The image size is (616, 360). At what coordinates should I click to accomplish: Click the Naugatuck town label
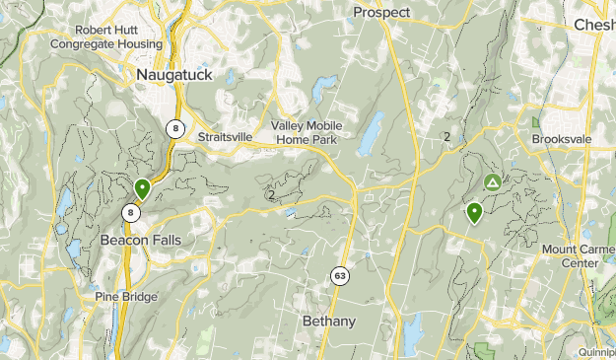click(174, 74)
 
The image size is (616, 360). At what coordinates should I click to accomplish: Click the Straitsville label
click(226, 137)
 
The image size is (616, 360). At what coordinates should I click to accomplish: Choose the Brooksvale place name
click(561, 140)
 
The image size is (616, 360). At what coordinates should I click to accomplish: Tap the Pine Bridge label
click(127, 296)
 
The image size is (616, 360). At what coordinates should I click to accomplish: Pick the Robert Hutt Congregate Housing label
click(105, 37)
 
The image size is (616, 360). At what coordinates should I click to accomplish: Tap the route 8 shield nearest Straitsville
click(174, 128)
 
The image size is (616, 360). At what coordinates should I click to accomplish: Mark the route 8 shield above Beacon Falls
click(130, 212)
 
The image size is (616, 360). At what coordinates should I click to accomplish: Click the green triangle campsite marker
click(492, 182)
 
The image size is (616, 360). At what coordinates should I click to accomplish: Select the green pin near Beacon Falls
click(142, 187)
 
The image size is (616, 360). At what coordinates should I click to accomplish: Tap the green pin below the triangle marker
click(475, 211)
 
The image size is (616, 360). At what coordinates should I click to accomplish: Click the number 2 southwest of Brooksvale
click(446, 137)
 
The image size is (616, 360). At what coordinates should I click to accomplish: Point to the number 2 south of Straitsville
click(271, 194)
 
